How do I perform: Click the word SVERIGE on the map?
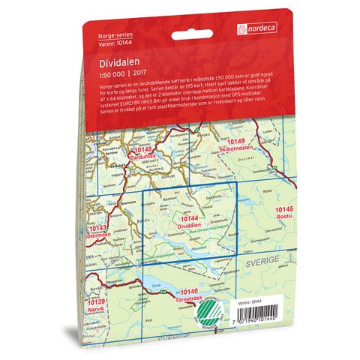click(263, 265)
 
